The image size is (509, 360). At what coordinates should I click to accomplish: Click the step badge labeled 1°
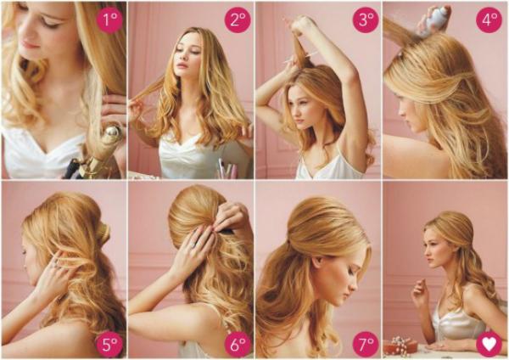[x=109, y=20]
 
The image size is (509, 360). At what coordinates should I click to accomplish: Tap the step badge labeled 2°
[x=238, y=20]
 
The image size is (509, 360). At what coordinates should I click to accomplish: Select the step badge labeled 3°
[x=366, y=20]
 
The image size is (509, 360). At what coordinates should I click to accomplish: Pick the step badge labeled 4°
[x=489, y=20]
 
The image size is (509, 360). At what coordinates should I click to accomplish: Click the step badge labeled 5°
[x=109, y=345]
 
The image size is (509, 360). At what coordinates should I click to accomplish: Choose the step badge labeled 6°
[x=238, y=345]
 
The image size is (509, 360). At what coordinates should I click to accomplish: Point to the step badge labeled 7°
[x=366, y=345]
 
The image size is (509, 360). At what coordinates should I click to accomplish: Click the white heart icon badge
[x=489, y=344]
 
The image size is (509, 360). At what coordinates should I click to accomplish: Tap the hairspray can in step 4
[x=437, y=18]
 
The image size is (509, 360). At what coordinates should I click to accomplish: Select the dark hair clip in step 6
[x=226, y=232]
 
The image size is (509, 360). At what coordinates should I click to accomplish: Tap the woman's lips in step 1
[x=29, y=44]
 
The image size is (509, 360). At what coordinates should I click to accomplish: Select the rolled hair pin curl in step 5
[x=103, y=231]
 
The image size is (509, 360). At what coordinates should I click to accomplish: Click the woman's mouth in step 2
[x=182, y=65]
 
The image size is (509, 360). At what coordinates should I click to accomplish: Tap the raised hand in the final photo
[x=419, y=290]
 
